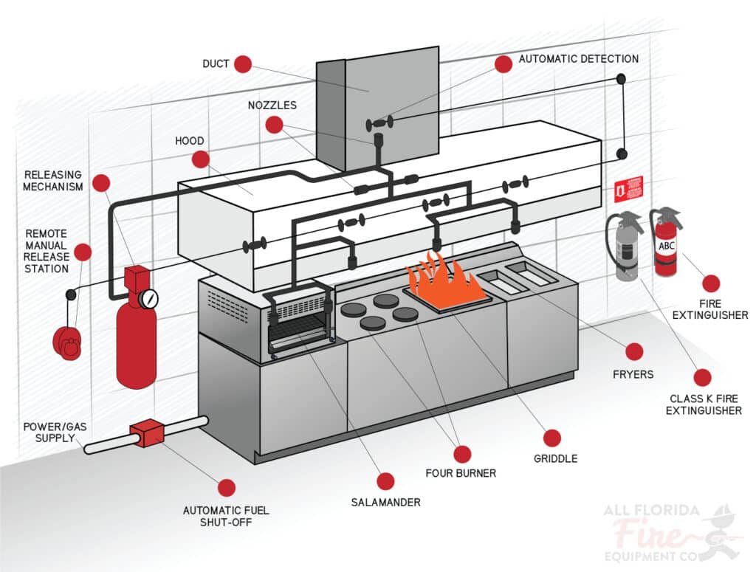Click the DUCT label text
point(216,64)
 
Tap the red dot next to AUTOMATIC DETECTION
point(504,63)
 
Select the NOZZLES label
point(272,105)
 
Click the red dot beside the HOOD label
point(200,159)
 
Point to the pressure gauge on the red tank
point(150,298)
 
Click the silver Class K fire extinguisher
point(627,247)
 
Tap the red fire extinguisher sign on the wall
point(628,189)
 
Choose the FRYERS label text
point(633,374)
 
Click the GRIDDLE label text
point(555,458)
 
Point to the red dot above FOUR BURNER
point(462,454)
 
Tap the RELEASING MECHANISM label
point(53,181)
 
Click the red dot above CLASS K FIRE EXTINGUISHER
point(702,378)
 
